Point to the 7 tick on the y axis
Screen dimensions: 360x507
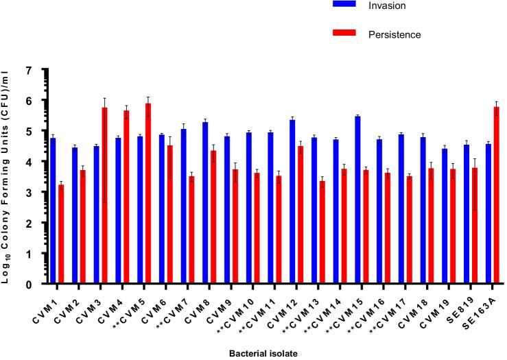pos(43,71)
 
